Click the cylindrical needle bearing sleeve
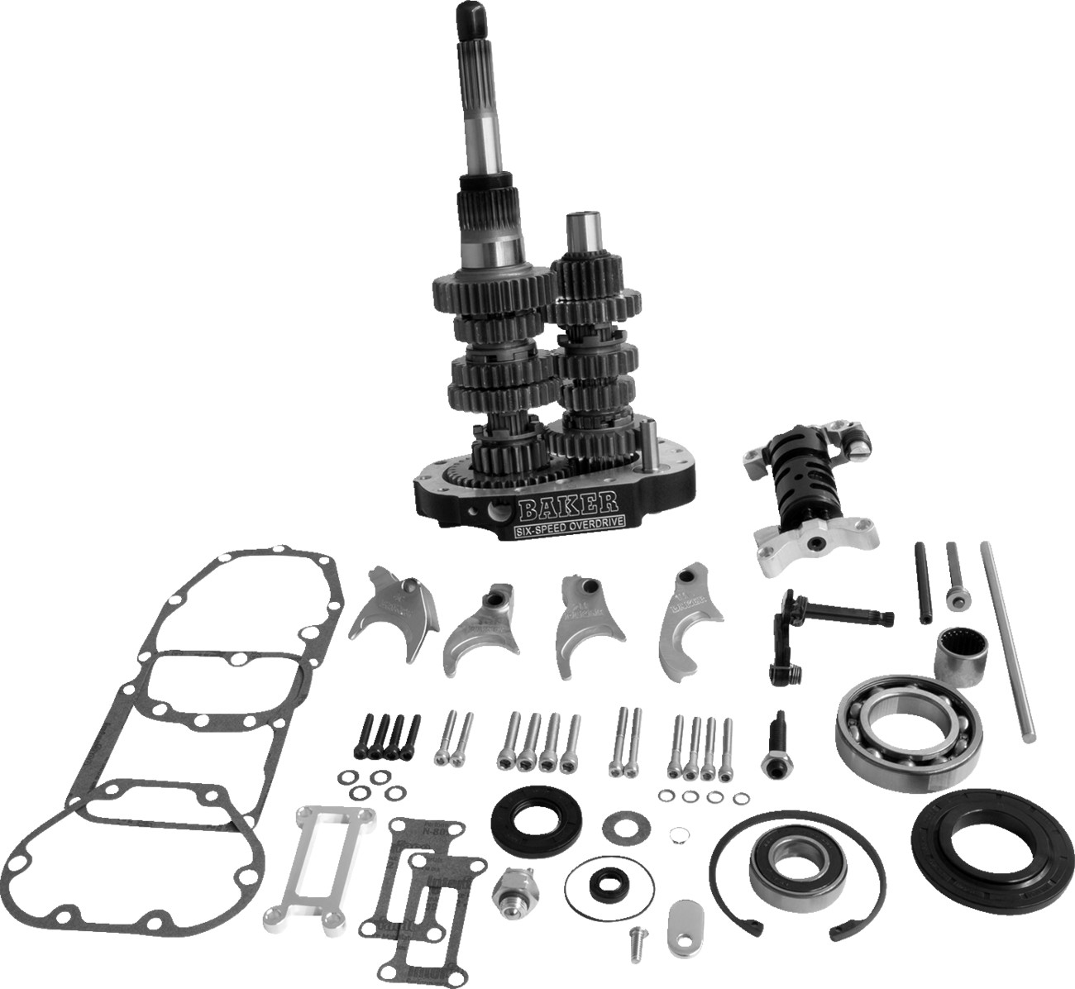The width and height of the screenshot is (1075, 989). click(961, 657)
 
